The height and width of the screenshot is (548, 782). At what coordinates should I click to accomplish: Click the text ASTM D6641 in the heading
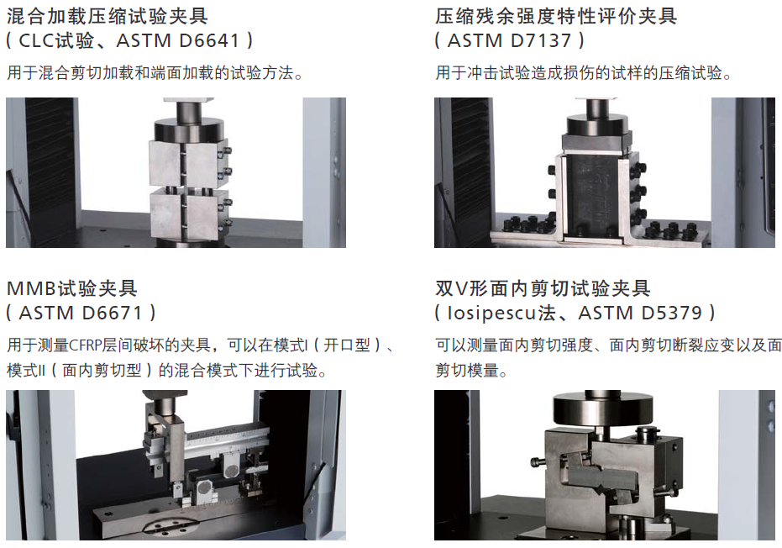pyautogui.click(x=178, y=40)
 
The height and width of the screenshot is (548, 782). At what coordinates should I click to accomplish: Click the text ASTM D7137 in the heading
pyautogui.click(x=509, y=40)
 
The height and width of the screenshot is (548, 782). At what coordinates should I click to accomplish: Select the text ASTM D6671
pyautogui.click(x=81, y=313)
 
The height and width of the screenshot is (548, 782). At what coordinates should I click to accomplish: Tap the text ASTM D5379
pyautogui.click(x=640, y=313)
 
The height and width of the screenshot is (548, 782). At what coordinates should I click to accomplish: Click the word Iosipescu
pyautogui.click(x=492, y=313)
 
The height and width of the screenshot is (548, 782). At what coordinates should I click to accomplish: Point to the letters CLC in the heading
pyautogui.click(x=36, y=40)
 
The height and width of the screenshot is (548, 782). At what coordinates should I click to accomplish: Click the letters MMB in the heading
pyautogui.click(x=31, y=288)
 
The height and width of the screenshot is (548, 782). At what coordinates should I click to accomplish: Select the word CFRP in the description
pyautogui.click(x=85, y=345)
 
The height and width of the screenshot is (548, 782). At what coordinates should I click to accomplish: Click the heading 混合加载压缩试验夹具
pyautogui.click(x=108, y=17)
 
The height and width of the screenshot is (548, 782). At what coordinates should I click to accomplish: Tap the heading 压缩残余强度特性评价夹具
pyautogui.click(x=555, y=17)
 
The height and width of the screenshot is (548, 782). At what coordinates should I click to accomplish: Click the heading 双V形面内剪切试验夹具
pyautogui.click(x=543, y=288)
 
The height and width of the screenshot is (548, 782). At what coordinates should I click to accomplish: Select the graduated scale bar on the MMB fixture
pyautogui.click(x=225, y=442)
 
